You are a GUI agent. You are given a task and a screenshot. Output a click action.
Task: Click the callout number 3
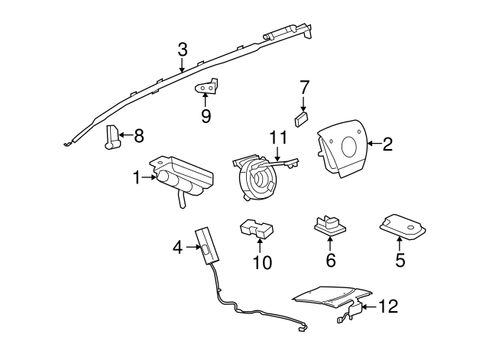[x=182, y=50]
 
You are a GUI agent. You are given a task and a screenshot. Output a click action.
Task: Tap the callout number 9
[x=205, y=116]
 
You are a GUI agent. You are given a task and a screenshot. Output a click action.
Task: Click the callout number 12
[x=388, y=307]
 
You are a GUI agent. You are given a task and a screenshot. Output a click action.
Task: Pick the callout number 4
[x=177, y=247]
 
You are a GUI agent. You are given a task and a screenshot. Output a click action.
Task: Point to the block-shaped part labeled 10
[x=257, y=229]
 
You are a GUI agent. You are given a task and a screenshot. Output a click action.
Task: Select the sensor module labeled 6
[x=329, y=224]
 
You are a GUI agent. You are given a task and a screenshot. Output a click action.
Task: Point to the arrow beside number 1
[x=149, y=178]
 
